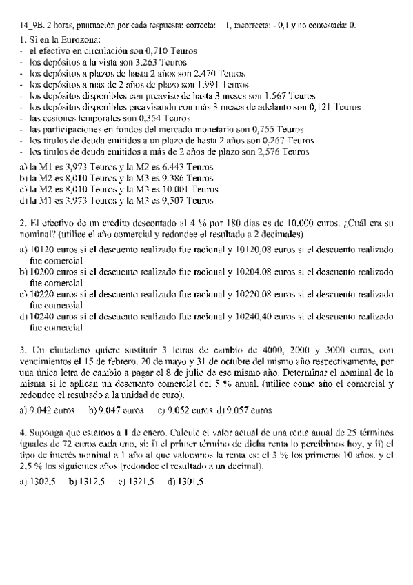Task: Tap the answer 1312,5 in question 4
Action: pos(92,481)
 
